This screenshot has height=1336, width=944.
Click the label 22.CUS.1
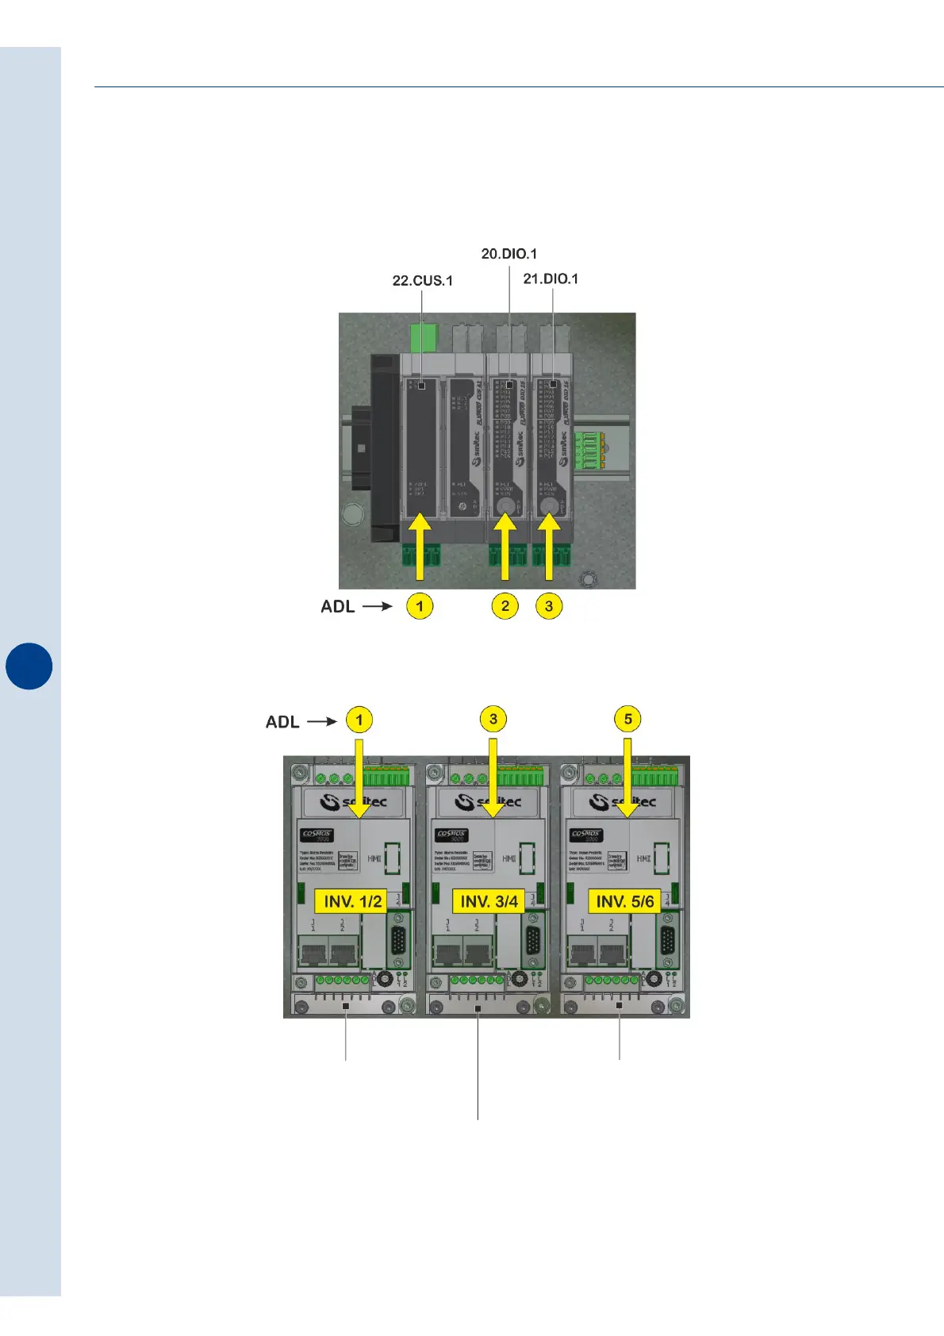click(422, 281)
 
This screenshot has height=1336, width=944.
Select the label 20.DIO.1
click(508, 254)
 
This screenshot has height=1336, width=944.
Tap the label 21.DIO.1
click(551, 278)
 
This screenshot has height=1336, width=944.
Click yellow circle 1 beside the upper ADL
click(420, 606)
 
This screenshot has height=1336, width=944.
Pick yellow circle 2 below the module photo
click(505, 606)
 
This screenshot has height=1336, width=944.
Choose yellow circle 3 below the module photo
click(549, 606)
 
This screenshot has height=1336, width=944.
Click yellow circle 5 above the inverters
click(627, 720)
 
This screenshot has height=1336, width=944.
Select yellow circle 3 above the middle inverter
click(493, 720)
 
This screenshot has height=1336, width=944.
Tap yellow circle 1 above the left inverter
click(359, 720)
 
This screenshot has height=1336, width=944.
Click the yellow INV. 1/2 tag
click(353, 901)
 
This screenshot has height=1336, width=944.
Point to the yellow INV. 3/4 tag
click(489, 901)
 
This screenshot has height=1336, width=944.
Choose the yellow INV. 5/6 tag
click(625, 901)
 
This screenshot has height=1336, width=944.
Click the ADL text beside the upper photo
click(337, 607)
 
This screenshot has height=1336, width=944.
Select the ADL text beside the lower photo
click(282, 722)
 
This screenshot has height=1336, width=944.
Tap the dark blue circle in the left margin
click(29, 666)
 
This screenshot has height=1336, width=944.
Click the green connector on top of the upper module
click(424, 336)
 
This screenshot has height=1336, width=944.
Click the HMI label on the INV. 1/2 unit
click(374, 858)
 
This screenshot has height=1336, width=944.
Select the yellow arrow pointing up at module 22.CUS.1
click(420, 547)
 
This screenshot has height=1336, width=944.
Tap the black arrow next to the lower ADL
click(322, 722)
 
